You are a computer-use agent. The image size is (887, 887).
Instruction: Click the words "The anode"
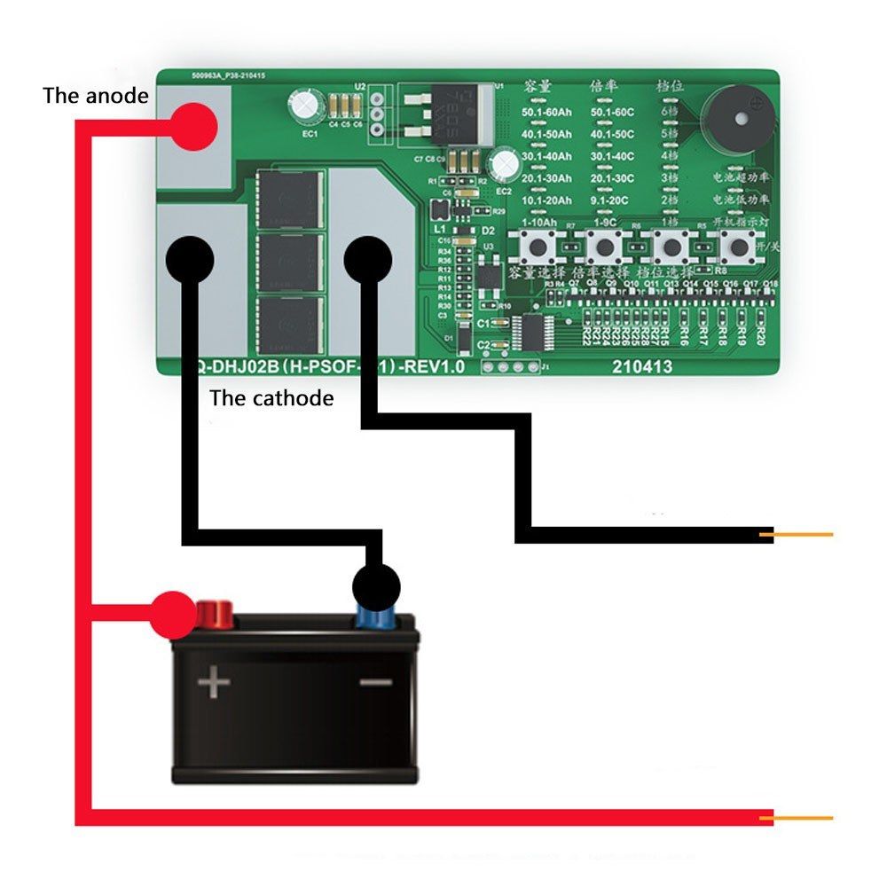[x=95, y=96]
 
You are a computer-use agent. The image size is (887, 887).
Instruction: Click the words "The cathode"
[x=271, y=398]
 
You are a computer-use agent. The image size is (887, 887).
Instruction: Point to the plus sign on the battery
[x=214, y=683]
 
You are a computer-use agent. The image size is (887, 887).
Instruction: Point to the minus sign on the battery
[x=375, y=682]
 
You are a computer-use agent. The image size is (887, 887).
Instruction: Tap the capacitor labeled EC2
[x=506, y=163]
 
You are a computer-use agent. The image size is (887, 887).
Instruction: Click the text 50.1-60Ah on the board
[x=547, y=113]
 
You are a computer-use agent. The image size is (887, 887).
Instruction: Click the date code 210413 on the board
[x=641, y=365]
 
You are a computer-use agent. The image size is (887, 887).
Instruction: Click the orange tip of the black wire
[x=804, y=534]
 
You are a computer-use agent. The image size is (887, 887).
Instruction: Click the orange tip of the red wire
[x=804, y=817]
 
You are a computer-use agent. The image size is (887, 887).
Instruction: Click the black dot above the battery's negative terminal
[x=376, y=586]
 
